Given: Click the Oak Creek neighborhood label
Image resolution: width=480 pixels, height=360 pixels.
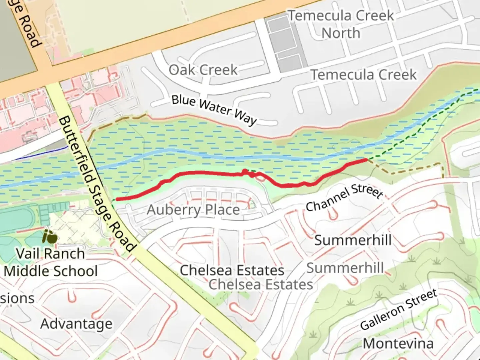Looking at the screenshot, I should (203, 70).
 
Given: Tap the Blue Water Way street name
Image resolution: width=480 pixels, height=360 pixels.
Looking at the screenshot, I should (214, 110).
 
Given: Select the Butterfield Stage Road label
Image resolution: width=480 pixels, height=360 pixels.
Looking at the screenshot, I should (97, 184).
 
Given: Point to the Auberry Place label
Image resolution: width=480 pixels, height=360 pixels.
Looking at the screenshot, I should (193, 210).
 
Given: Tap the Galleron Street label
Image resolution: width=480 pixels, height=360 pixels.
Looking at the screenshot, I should (399, 309).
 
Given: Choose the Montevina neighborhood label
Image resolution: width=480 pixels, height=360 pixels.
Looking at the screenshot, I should (398, 343).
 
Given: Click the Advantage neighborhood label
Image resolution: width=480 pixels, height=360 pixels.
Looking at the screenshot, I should (76, 324).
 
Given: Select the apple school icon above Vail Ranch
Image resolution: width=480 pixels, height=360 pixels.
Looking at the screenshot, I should (49, 237).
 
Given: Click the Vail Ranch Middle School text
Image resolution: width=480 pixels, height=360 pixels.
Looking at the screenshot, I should (51, 262).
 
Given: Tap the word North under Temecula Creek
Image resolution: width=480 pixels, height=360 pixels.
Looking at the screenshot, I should (341, 33).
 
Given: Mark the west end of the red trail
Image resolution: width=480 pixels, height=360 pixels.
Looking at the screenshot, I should (117, 199).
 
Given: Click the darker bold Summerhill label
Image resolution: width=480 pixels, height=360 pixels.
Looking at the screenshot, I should (353, 240).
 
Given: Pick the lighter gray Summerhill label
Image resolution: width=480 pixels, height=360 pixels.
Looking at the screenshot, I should (345, 268).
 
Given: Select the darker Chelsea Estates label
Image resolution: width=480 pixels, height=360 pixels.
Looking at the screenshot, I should (232, 270).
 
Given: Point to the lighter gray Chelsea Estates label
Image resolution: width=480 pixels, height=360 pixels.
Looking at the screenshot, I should (261, 285).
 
